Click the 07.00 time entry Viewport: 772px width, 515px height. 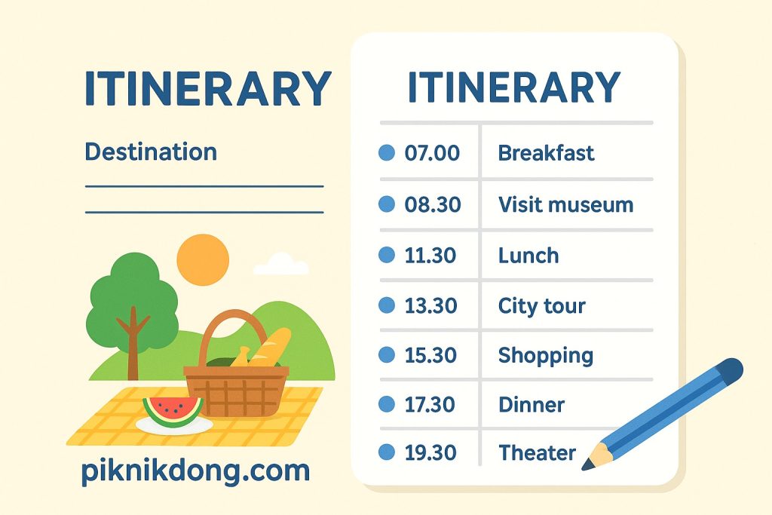[x=432, y=153]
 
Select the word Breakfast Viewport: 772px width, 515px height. [x=546, y=153]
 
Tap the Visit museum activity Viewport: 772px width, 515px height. [x=565, y=204]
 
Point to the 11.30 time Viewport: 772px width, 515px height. [x=430, y=255]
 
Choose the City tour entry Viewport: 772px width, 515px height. [x=541, y=306]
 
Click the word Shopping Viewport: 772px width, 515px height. [x=546, y=355]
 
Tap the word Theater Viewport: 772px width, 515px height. [x=537, y=453]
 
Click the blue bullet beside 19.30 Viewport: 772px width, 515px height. [x=386, y=452]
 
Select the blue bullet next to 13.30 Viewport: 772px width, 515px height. [x=386, y=305]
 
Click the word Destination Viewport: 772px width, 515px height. [x=151, y=152]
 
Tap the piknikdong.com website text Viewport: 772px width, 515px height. [x=195, y=471]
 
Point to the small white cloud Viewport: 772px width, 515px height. [x=281, y=265]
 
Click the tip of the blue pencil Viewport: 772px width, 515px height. [x=587, y=466]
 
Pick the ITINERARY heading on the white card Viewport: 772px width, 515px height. [x=513, y=88]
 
